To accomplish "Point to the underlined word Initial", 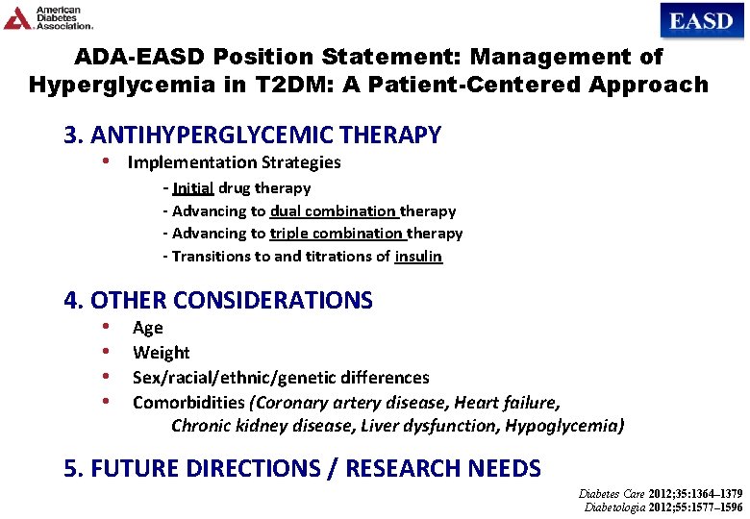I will pos(193,187).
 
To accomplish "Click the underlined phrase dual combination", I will pos(333,210).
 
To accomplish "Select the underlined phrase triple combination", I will pos(336,233).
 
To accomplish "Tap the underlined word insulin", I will pos(418,256).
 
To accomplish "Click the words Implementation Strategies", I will pos(234,162).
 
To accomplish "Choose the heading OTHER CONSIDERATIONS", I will pos(232,300).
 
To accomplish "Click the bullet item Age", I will pos(148,328).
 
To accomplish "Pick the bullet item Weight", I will pos(161,353).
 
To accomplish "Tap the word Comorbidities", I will pos(189,402).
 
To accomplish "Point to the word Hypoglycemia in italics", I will pos(571,425).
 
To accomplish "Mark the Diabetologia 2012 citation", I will pos(663,507).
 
